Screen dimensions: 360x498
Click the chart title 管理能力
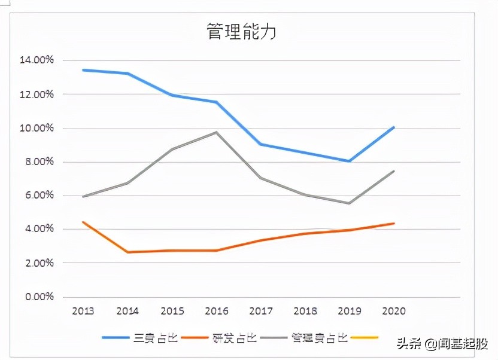click(241, 32)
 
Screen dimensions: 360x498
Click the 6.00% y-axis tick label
click(38, 196)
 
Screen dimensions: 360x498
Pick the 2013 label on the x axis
click(83, 311)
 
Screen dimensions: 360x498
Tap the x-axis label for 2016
click(216, 311)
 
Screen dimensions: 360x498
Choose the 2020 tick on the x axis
click(394, 311)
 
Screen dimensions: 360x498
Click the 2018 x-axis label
click(305, 311)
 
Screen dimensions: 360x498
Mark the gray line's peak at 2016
click(216, 132)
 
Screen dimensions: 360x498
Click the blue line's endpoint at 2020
click(394, 127)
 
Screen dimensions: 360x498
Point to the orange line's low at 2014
click(127, 252)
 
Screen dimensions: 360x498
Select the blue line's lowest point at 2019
click(350, 161)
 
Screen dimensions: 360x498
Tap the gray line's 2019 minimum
click(350, 203)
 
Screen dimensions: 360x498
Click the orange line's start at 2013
click(83, 222)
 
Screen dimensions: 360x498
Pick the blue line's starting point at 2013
click(83, 70)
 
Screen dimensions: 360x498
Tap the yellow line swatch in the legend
click(365, 338)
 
